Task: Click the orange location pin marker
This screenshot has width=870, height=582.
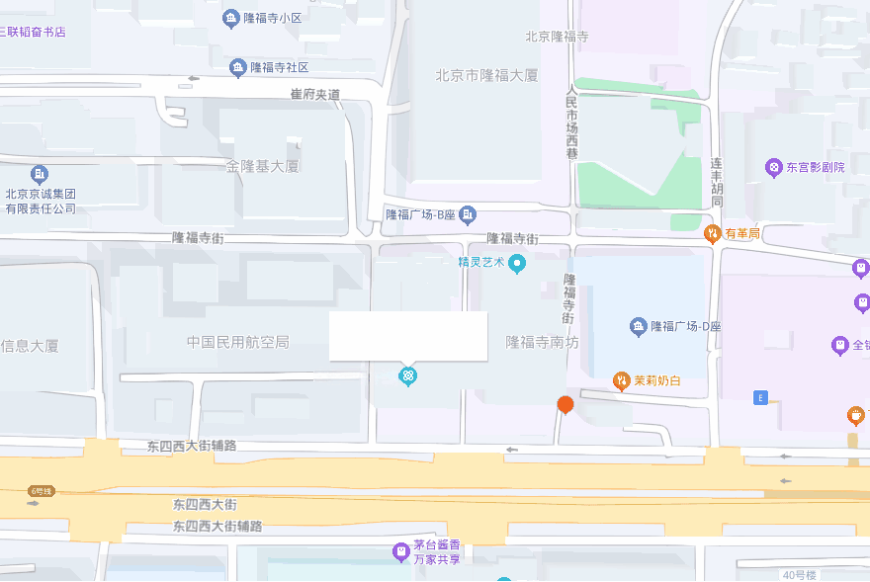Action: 565,404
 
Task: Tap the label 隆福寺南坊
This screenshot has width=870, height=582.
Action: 542,342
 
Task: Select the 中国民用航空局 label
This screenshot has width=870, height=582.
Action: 237,342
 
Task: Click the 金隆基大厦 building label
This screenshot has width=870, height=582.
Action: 262,166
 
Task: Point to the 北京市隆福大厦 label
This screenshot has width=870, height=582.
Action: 487,75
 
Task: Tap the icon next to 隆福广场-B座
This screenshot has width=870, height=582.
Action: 469,213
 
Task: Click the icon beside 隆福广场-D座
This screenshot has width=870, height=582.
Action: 638,326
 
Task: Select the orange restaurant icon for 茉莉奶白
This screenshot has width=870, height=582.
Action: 621,380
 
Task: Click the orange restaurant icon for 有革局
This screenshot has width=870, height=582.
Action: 712,233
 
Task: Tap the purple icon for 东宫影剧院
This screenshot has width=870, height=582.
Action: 773,167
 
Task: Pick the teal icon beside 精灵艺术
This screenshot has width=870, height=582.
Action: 516,263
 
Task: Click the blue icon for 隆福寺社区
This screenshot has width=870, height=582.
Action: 237,68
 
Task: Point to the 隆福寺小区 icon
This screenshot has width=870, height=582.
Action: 231,18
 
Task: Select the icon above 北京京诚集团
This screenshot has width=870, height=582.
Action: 39,175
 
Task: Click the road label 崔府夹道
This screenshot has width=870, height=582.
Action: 314,94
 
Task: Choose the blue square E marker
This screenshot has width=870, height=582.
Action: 760,397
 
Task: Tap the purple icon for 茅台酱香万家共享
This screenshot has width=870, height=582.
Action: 400,551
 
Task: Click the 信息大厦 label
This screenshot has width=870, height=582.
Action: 30,346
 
